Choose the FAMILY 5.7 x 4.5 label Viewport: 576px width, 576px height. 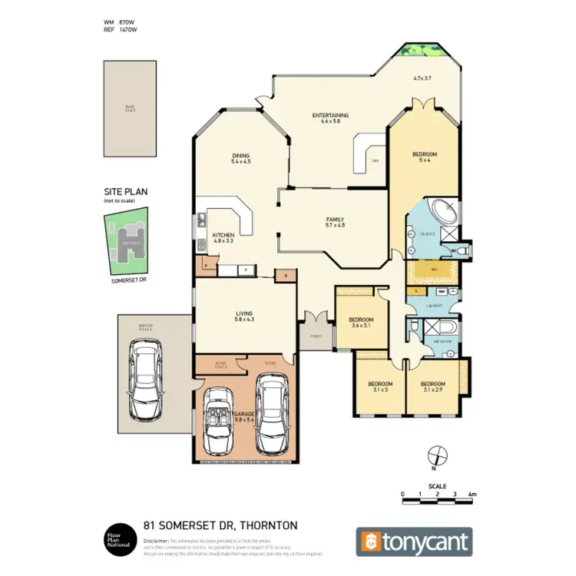tap(336, 222)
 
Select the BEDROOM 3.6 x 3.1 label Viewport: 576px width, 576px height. tap(361, 322)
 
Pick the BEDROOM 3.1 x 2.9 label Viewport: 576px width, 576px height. tap(432, 386)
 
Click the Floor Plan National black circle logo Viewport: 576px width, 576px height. tap(118, 541)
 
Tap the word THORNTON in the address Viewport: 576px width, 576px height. tap(266, 526)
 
